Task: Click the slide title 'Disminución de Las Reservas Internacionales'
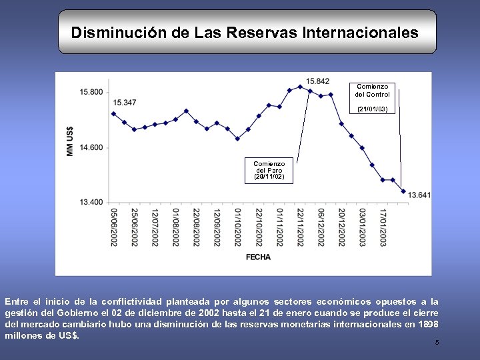245,32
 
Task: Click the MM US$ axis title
71,141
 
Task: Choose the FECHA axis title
259,257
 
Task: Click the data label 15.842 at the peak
318,81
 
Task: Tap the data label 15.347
125,102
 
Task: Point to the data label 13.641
419,195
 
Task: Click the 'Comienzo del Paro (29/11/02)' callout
269,170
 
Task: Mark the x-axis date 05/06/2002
114,227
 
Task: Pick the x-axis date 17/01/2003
383,227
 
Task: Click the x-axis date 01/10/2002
238,227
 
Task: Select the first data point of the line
113,113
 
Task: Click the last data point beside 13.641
403,191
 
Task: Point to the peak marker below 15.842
300,87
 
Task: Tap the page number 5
437,343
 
